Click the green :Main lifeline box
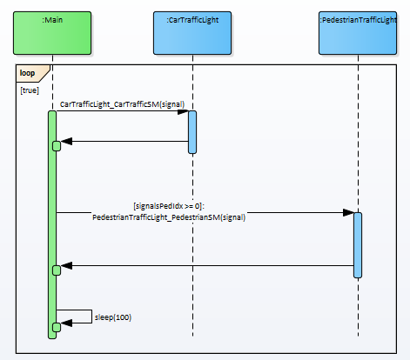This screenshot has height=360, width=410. (52, 33)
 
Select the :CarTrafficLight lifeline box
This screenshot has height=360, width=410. (192, 33)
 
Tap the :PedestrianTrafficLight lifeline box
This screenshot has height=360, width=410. (358, 33)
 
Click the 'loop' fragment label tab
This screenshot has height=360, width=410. (32, 73)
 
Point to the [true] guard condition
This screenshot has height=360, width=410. (30, 90)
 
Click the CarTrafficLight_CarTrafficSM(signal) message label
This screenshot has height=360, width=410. (122, 104)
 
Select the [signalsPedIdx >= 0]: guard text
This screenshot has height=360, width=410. (169, 206)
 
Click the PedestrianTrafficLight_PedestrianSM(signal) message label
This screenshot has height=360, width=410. (169, 217)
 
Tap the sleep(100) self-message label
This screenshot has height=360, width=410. (113, 317)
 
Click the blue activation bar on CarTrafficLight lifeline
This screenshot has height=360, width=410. (192, 132)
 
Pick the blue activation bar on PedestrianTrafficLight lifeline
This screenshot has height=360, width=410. (358, 245)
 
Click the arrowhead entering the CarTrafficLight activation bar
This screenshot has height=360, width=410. (183, 111)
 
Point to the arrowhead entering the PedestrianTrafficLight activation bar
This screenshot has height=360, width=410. (348, 212)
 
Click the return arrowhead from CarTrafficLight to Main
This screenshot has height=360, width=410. (66, 142)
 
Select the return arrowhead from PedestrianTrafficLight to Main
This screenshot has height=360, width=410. (66, 265)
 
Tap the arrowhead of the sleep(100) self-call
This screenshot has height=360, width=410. (66, 323)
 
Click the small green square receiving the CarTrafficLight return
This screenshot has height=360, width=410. (57, 146)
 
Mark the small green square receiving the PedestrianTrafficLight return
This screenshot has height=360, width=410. (57, 270)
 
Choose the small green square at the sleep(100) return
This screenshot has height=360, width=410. (57, 327)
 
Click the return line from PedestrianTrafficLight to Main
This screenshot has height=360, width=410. (207, 265)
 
